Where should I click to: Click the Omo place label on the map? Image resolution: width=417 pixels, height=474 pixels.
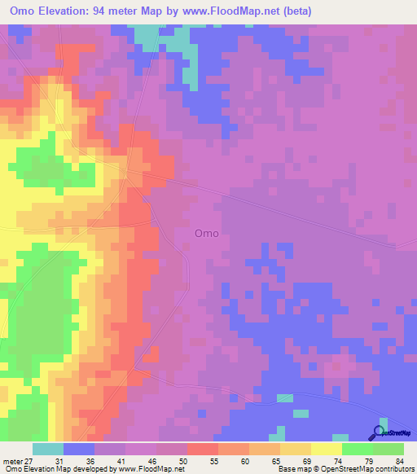coord(206,233)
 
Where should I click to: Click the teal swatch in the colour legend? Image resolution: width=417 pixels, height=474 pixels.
coord(48,449)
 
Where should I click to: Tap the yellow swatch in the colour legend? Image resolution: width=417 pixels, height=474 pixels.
coord(327,449)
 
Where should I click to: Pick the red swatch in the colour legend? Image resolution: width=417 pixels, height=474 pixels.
coord(203,449)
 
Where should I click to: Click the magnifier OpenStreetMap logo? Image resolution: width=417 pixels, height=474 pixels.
coord(378,432)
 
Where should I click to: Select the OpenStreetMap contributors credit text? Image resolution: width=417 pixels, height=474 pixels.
coord(371,469)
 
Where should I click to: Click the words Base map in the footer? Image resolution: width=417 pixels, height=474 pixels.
coord(292,469)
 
